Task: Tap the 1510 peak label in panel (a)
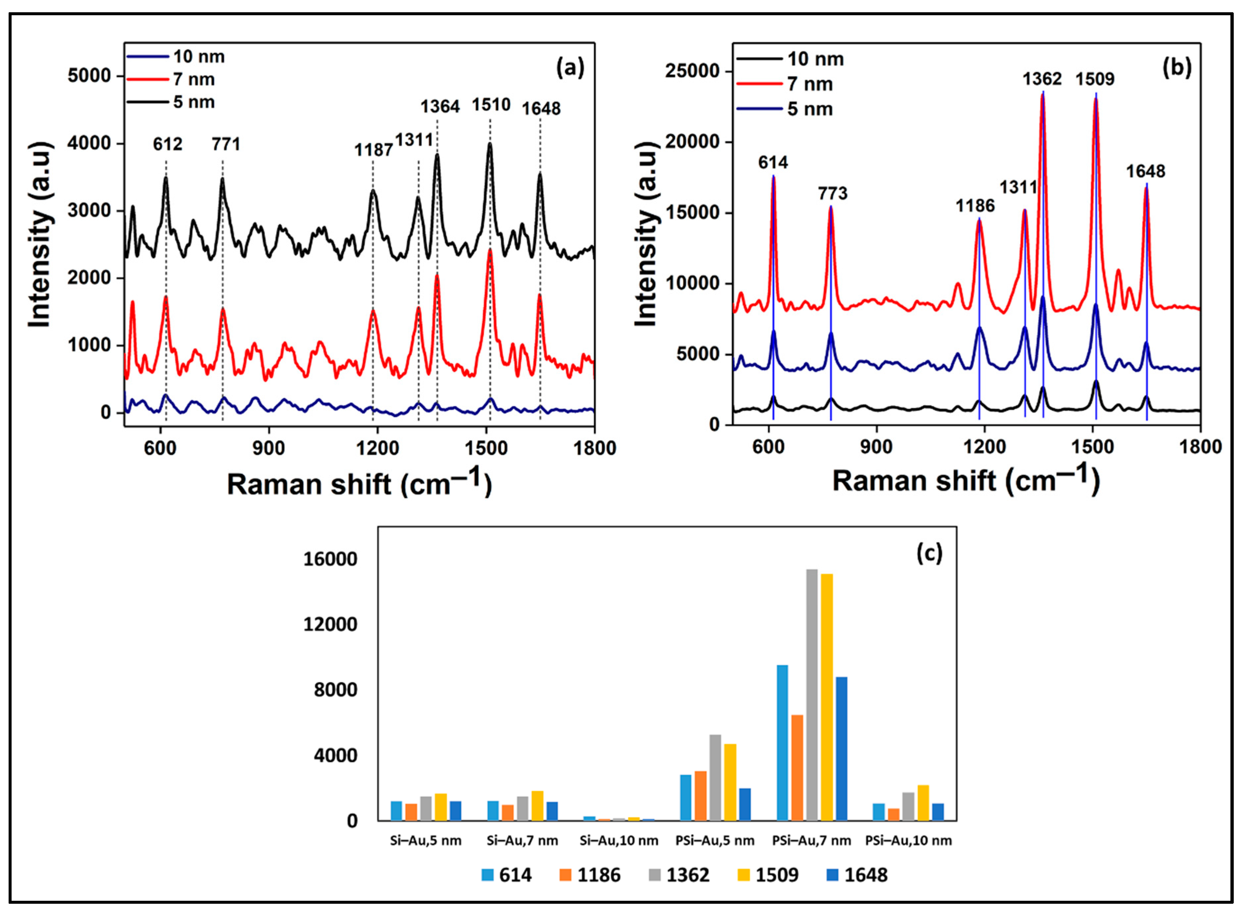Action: point(491,104)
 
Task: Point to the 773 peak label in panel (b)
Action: point(832,193)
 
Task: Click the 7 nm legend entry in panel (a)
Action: point(193,79)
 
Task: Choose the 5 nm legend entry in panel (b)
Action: point(810,109)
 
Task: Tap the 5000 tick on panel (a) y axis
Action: point(89,76)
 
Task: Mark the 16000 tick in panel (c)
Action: point(330,559)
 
